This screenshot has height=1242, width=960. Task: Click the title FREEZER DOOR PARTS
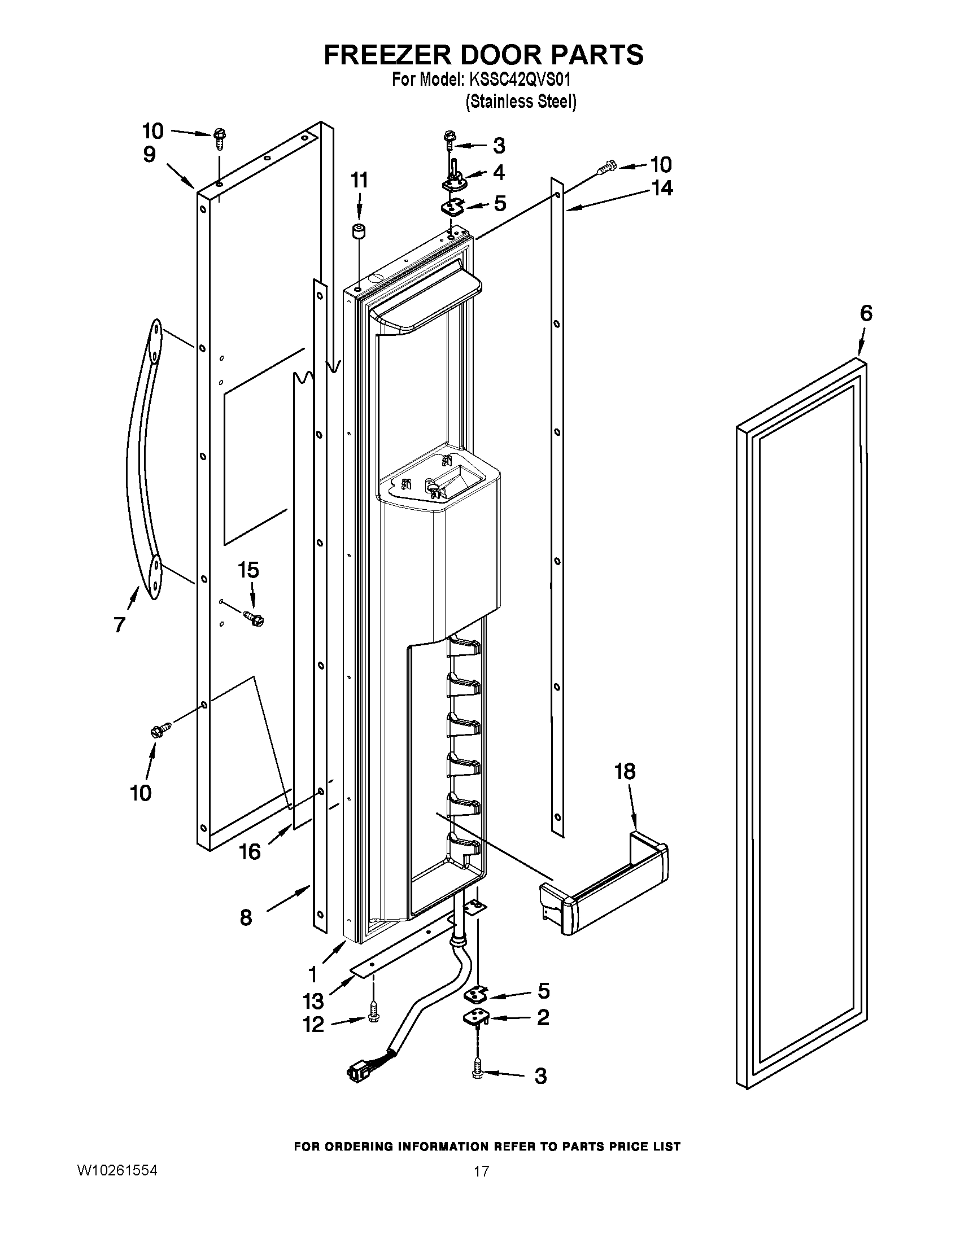tap(483, 55)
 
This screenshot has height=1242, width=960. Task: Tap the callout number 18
tap(625, 772)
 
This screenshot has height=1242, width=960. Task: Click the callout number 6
tap(866, 313)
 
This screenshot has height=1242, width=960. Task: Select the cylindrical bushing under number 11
tap(358, 234)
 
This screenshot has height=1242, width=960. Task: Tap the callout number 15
tap(248, 570)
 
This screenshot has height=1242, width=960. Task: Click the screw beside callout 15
tap(253, 618)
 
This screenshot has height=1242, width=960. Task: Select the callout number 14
tap(661, 188)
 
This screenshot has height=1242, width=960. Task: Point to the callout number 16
tap(249, 851)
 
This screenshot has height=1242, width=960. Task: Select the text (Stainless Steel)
tap(521, 102)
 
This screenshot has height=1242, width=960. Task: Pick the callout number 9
tap(149, 155)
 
